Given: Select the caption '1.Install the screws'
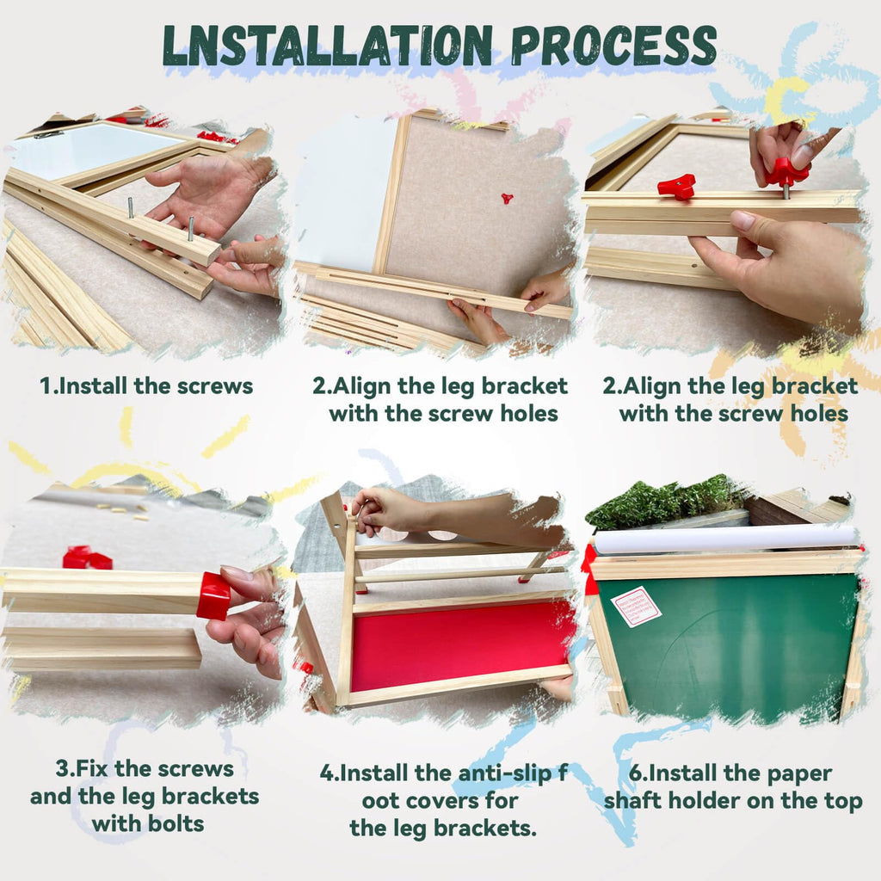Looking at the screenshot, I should (x=146, y=386).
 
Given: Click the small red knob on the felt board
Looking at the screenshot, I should (x=508, y=198).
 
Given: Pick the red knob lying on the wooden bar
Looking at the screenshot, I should (x=677, y=186).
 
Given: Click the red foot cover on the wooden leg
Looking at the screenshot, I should (x=213, y=595).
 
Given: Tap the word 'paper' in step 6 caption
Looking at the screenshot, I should (x=801, y=773).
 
